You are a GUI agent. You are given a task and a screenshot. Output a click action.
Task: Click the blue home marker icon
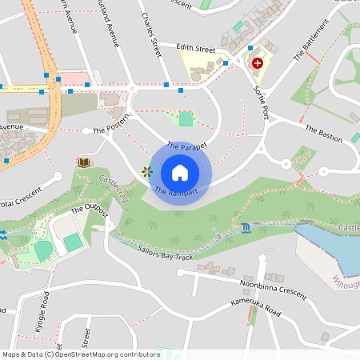(x=180, y=172)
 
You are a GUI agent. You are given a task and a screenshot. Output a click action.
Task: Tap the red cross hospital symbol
(x=258, y=62)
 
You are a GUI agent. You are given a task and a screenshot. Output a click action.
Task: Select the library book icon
(x=83, y=162)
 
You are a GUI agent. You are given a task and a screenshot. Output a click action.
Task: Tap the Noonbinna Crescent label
(x=273, y=289)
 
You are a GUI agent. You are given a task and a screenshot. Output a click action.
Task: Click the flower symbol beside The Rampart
(x=146, y=171)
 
